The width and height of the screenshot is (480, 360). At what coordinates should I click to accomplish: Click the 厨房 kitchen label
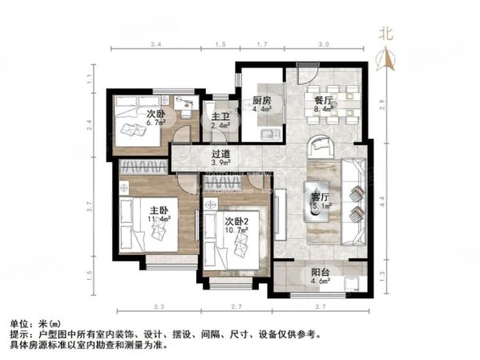pyautogui.click(x=261, y=101)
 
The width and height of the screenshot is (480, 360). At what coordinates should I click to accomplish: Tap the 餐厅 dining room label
pyautogui.click(x=323, y=101)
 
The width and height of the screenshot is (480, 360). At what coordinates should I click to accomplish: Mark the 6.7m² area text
pyautogui.click(x=156, y=124)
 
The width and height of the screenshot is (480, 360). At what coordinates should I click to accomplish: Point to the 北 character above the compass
pyautogui.click(x=386, y=34)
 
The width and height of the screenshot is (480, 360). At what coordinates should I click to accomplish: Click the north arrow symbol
pyautogui.click(x=386, y=58)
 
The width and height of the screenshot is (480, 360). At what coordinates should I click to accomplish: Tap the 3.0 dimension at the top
pyautogui.click(x=325, y=45)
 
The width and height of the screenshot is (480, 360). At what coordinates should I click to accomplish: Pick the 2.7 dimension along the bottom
pyautogui.click(x=236, y=307)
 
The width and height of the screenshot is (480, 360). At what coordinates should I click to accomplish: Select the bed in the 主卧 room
pyautogui.click(x=147, y=225)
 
